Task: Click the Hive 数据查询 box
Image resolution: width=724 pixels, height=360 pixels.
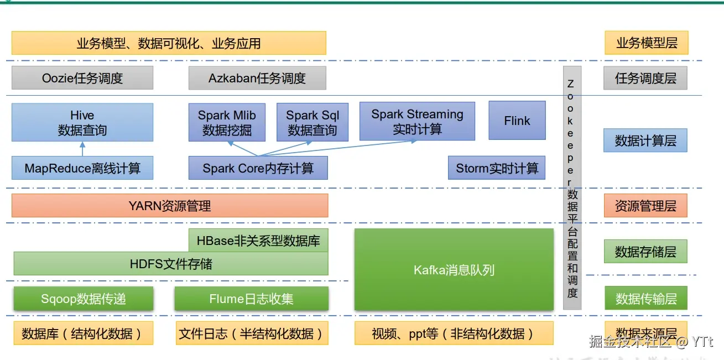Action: (82, 122)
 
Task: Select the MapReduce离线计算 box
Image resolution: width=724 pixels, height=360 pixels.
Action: (82, 168)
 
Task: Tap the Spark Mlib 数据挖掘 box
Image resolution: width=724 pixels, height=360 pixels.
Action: (227, 122)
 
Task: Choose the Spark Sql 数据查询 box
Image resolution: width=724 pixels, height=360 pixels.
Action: (312, 122)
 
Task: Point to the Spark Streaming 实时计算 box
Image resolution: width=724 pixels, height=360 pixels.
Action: (417, 121)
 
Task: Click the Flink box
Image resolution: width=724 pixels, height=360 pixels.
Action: (517, 121)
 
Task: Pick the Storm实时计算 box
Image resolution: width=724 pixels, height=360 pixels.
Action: (497, 168)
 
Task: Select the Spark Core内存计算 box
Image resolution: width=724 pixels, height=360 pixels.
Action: (258, 168)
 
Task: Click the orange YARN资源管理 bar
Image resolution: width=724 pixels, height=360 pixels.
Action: (170, 206)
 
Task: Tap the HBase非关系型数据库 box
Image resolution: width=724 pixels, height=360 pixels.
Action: (258, 241)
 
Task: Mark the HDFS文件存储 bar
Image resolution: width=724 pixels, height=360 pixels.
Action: (170, 264)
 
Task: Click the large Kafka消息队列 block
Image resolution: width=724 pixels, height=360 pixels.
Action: (454, 270)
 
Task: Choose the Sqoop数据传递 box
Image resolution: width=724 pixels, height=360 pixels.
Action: (83, 299)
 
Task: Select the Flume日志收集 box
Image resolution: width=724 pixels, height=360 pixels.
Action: (252, 299)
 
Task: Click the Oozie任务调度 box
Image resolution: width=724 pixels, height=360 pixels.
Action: (82, 78)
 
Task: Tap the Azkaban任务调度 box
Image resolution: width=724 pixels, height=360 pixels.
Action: (257, 78)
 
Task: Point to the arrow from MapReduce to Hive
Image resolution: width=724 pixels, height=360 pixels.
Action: (82, 149)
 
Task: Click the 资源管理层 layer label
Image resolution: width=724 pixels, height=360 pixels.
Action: (645, 206)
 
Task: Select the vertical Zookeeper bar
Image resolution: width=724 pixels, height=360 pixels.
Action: (572, 188)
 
